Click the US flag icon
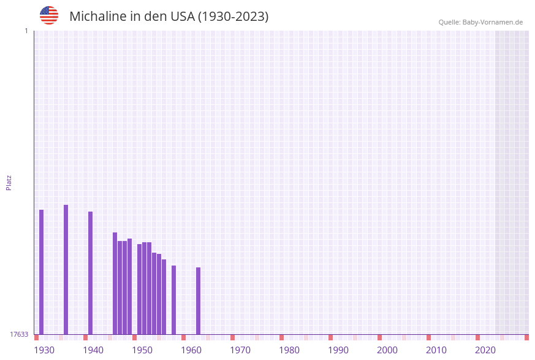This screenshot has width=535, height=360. (49, 15)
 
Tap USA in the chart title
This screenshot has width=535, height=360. (182, 17)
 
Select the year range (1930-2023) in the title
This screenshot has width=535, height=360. (233, 17)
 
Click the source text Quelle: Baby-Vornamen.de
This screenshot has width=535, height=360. (480, 22)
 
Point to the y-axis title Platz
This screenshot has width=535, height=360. (9, 182)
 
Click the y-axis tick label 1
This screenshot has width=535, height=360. (26, 31)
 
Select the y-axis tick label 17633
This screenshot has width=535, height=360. (19, 334)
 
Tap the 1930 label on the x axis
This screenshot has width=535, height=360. (44, 350)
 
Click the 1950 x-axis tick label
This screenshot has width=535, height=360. (142, 350)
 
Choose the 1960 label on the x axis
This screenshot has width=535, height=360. (191, 350)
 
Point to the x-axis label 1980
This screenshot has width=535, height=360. (289, 350)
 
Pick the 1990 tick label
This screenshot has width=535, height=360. (338, 350)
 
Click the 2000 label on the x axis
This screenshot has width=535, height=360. (387, 350)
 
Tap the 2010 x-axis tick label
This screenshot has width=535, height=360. (436, 350)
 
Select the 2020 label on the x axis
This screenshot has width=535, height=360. (485, 350)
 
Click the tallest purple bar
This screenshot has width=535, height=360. (66, 269)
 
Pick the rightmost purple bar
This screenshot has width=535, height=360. (199, 301)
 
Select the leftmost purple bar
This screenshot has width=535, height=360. (42, 272)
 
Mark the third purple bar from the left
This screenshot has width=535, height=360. (91, 273)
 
